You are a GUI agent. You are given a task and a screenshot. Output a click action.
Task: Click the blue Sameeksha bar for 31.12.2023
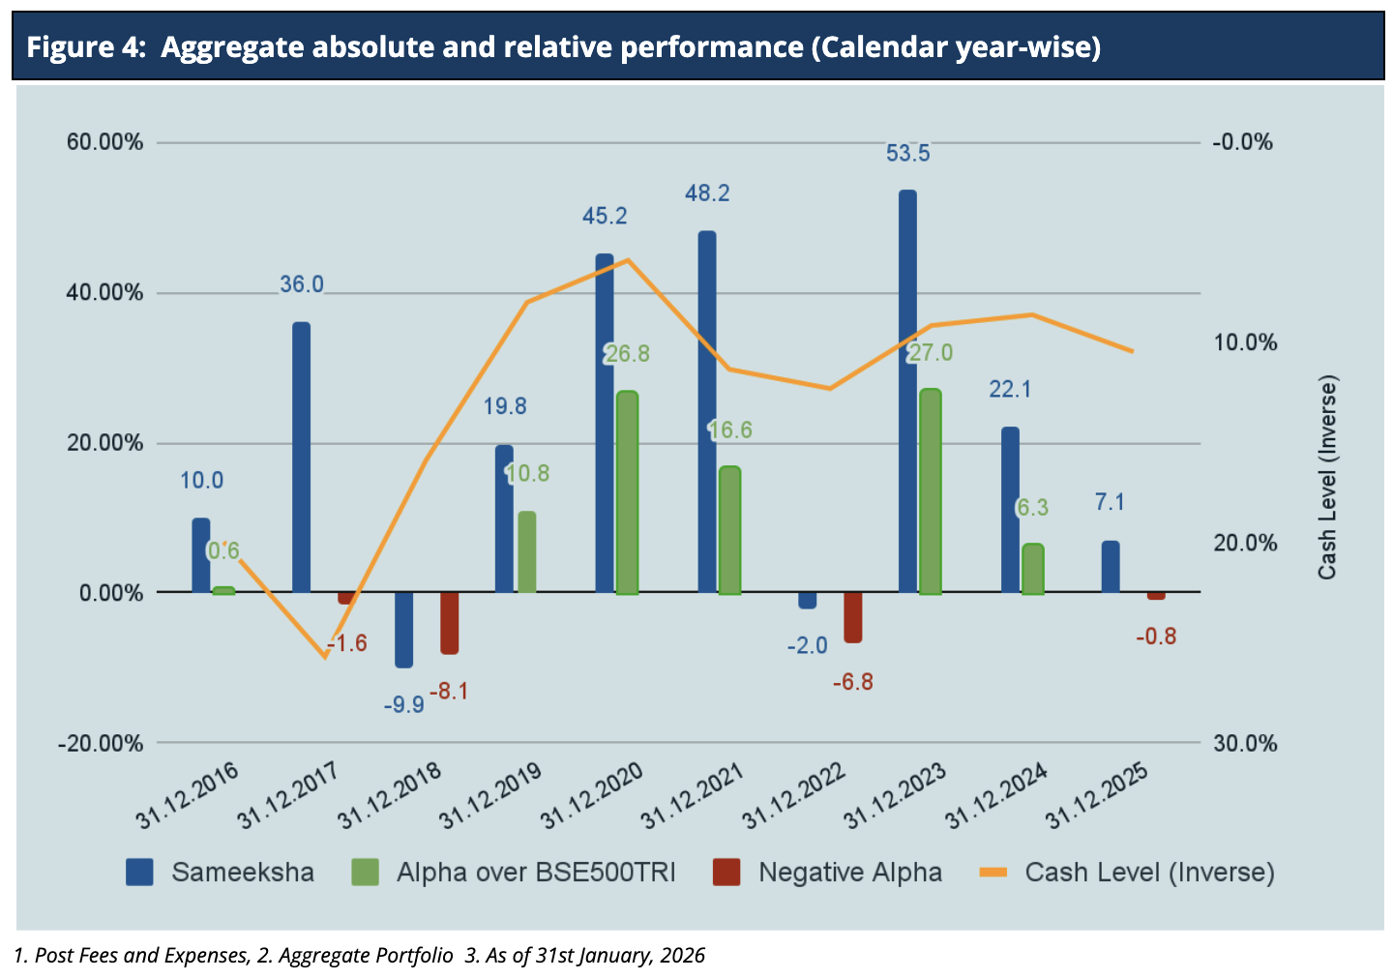pyautogui.click(x=907, y=391)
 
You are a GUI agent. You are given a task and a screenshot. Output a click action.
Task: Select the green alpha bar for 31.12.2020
pyautogui.click(x=627, y=492)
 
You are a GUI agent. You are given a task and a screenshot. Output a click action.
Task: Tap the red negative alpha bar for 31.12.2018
pyautogui.click(x=449, y=623)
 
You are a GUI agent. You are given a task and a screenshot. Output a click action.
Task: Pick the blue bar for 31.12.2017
pyautogui.click(x=302, y=457)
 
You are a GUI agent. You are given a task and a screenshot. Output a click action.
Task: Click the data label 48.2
pyautogui.click(x=707, y=193)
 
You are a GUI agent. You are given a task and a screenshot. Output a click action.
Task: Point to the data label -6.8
pyautogui.click(x=852, y=682)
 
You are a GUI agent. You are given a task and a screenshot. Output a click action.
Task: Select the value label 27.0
pyautogui.click(x=931, y=353)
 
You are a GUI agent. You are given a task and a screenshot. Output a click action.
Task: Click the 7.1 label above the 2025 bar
pyautogui.click(x=1110, y=502)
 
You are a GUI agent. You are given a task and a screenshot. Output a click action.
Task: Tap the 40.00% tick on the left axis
pyautogui.click(x=104, y=292)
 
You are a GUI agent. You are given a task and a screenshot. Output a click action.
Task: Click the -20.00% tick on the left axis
pyautogui.click(x=101, y=743)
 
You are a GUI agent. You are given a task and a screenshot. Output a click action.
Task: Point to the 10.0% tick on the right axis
pyautogui.click(x=1245, y=342)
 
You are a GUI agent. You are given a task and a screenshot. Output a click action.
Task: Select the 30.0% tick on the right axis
pyautogui.click(x=1245, y=743)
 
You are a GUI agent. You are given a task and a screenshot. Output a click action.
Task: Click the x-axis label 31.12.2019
pyautogui.click(x=490, y=796)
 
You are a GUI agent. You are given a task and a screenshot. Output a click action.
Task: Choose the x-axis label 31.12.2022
pyautogui.click(x=793, y=796)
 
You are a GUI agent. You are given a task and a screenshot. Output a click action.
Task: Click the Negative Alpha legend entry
pyautogui.click(x=849, y=873)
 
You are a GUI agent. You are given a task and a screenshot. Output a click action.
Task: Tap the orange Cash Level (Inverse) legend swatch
pyautogui.click(x=993, y=873)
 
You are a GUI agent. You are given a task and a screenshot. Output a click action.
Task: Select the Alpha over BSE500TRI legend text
pyautogui.click(x=536, y=873)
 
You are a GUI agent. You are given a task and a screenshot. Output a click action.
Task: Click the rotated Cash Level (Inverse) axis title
pyautogui.click(x=1327, y=478)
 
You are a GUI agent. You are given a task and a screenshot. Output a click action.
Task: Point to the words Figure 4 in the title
pyautogui.click(x=85, y=46)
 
